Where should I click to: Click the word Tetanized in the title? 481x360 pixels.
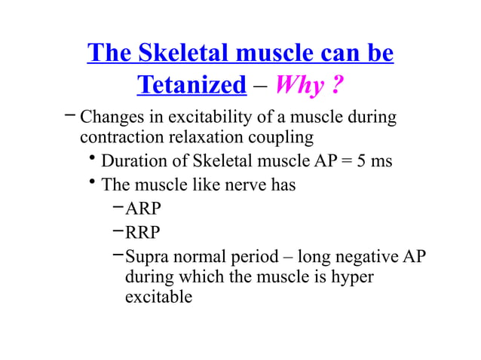[191, 85]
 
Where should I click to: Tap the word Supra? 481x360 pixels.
[147, 256]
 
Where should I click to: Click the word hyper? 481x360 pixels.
[349, 276]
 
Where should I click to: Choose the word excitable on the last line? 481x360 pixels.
[158, 297]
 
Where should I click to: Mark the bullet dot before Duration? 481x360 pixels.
[91, 159]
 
